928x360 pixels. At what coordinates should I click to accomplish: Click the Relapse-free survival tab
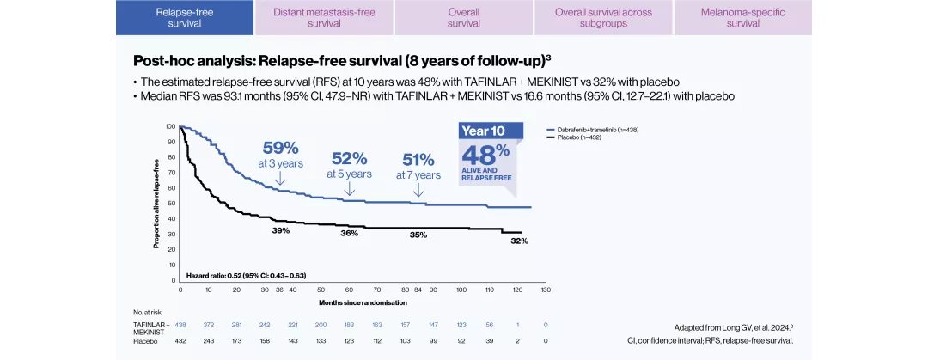pos(185,18)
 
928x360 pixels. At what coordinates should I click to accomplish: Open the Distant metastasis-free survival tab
pos(324,18)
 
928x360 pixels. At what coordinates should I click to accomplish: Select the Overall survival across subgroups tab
pos(603,18)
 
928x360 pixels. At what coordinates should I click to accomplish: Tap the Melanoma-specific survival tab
pos(742,18)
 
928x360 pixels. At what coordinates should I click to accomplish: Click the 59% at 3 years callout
pos(279,154)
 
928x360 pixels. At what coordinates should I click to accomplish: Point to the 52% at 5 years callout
pos(349,165)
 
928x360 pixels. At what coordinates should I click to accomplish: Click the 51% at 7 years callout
pos(418,166)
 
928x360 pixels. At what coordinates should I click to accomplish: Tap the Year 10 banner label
pos(482,131)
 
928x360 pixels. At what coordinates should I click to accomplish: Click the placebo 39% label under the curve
pos(281,230)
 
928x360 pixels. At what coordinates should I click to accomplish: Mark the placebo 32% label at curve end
pos(519,241)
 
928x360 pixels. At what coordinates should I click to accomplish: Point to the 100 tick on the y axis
pos(171,126)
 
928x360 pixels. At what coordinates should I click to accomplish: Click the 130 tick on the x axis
pos(546,290)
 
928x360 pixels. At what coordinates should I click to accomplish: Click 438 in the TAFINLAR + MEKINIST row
pos(180,325)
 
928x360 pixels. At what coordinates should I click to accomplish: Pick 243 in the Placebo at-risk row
pos(209,341)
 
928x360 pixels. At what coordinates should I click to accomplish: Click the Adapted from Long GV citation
pos(733,327)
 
